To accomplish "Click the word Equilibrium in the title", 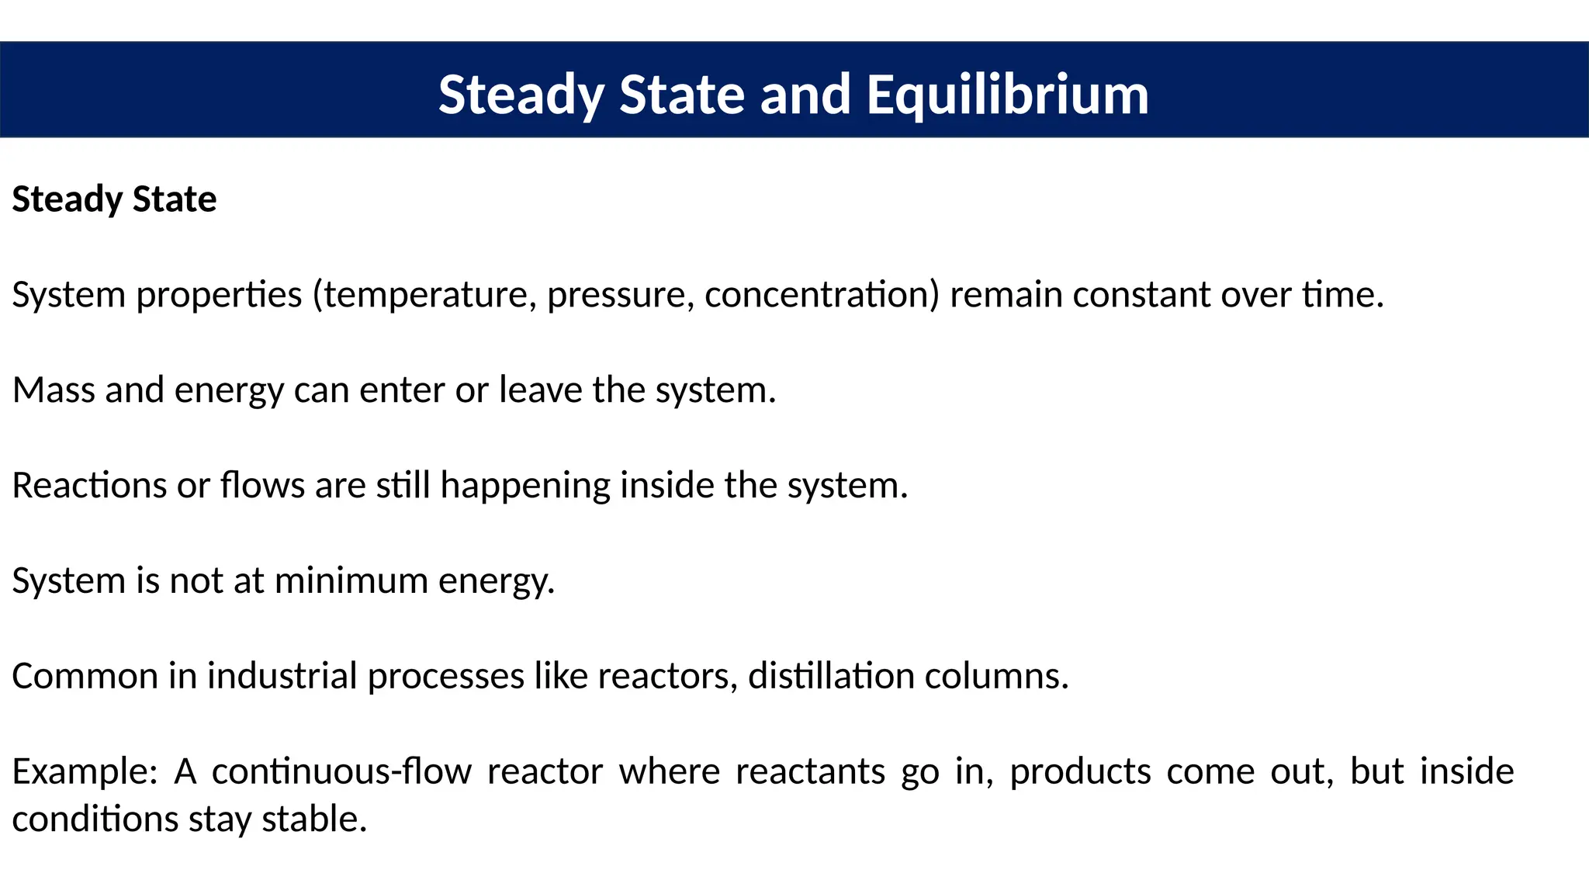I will click(1007, 95).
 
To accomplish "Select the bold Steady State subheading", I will click(114, 199).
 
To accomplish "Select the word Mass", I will click(54, 390).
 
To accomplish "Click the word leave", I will click(540, 390).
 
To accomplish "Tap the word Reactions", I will click(89, 486).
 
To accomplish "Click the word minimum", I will click(351, 581).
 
